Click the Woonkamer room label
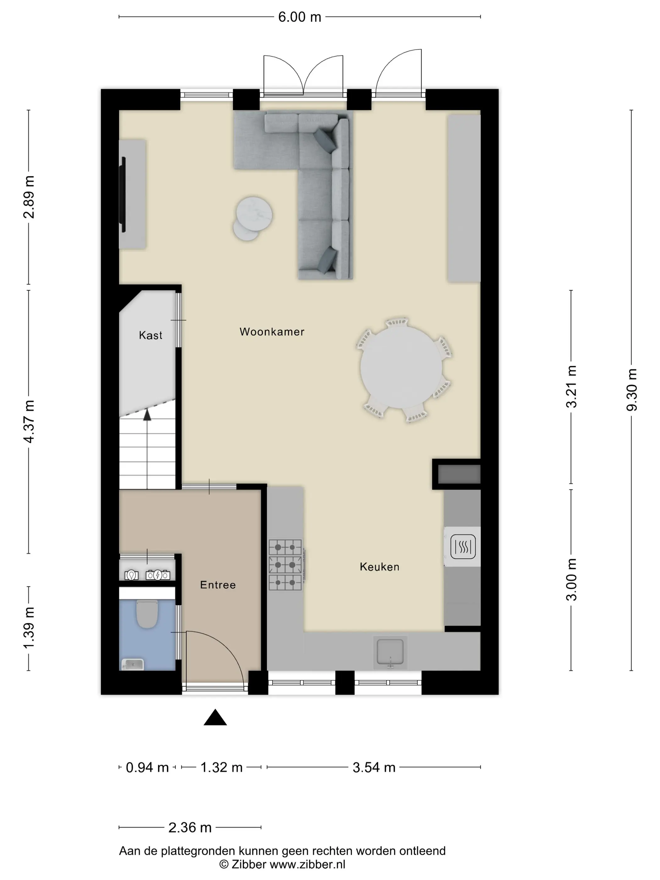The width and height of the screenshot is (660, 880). tap(272, 332)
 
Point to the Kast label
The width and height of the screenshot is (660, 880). tap(150, 335)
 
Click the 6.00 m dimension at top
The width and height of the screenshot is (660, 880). tap(300, 17)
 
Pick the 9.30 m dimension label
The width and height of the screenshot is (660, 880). tap(632, 390)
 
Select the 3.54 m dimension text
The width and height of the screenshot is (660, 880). tap(374, 767)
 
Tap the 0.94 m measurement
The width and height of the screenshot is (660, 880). tap(147, 767)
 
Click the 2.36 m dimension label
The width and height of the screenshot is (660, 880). tap(190, 828)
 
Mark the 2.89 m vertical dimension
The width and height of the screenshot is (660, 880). tap(29, 197)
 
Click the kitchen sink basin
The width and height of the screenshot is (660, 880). tap(390, 652)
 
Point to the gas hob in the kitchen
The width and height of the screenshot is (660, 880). tap(286, 564)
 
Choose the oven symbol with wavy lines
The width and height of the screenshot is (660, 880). tap(463, 547)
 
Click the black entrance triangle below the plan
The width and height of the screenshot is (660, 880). tap(215, 717)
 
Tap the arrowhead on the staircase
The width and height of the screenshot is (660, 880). tap(147, 415)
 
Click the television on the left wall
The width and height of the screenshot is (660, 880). tap(123, 195)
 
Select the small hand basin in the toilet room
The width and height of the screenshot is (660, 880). tap(133, 664)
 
